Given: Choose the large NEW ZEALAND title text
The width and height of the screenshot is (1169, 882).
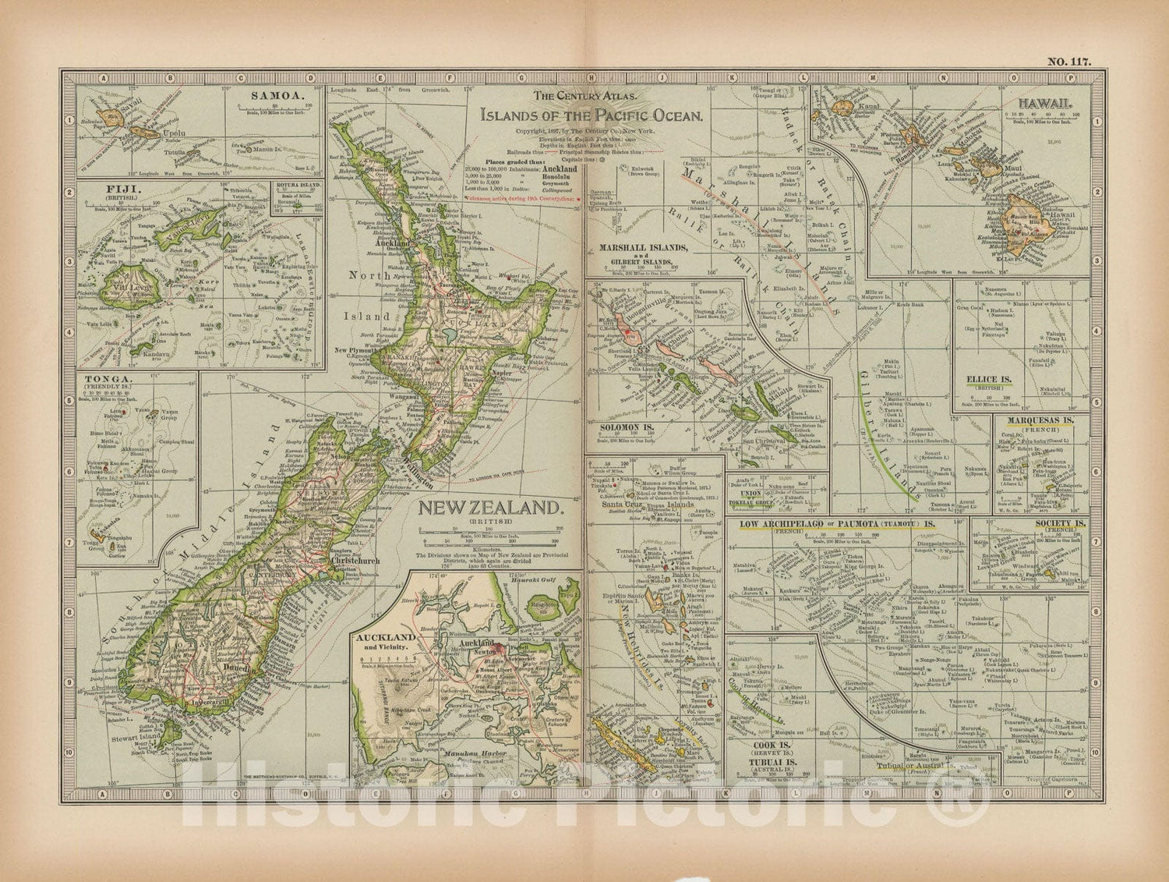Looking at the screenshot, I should (492, 508).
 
